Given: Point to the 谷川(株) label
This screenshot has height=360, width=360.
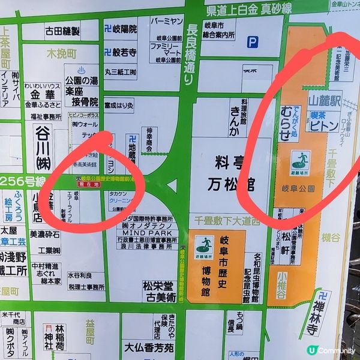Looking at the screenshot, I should click(43, 140).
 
